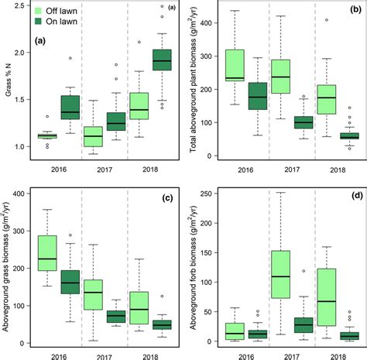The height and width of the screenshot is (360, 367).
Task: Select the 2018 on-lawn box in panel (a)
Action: [x=161, y=60]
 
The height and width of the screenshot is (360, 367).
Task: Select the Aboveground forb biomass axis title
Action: [x=190, y=267]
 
